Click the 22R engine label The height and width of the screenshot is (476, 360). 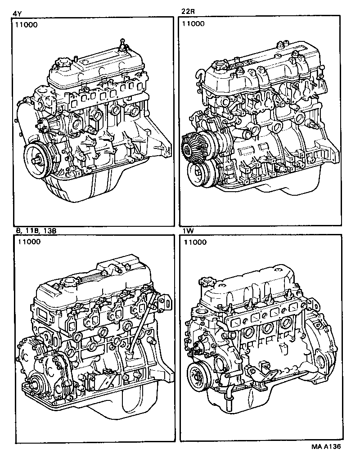pyautogui.click(x=187, y=12)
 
